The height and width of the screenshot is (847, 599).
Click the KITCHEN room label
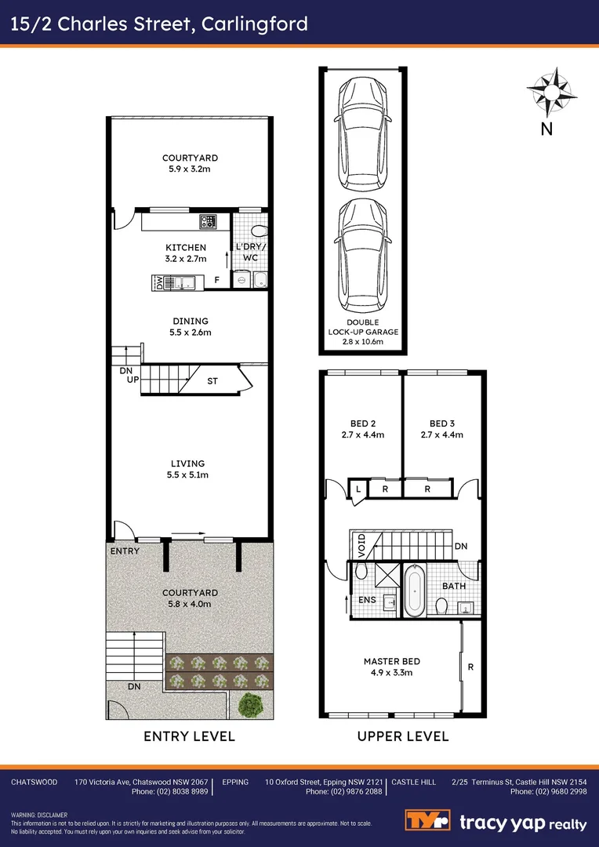tap(186, 248)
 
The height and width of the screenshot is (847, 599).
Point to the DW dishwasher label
tap(160, 282)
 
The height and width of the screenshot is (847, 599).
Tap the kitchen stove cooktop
tap(208, 223)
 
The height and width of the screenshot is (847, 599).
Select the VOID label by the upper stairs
tap(360, 543)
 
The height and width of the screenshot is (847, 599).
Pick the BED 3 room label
tap(442, 423)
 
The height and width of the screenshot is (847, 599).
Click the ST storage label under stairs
tap(212, 382)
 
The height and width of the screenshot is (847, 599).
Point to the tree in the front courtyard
tap(251, 705)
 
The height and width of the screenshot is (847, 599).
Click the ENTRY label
tap(125, 551)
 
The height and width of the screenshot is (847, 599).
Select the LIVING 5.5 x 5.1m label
tap(186, 469)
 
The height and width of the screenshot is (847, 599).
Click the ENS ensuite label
tap(368, 600)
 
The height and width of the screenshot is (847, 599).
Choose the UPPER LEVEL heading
tap(403, 736)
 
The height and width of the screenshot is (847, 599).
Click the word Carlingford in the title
tap(255, 24)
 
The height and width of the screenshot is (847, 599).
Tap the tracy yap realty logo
tap(496, 823)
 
